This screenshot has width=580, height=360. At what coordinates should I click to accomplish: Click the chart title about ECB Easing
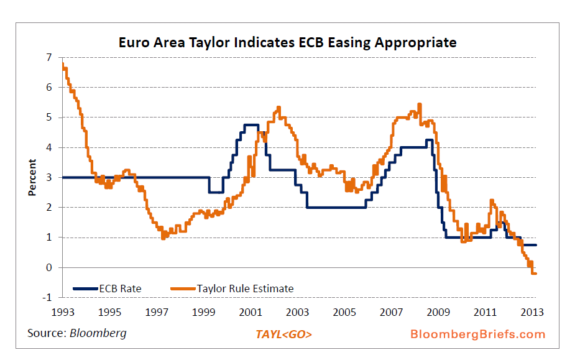pos(288,43)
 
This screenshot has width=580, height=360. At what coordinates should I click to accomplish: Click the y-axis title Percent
pos(32,178)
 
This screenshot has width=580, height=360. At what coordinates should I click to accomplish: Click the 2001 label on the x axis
pos(251,312)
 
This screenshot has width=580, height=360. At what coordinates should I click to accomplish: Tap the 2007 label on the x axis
pos(392,312)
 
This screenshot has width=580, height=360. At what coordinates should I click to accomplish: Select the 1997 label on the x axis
pos(156,312)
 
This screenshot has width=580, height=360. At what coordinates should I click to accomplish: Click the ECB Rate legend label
pos(120,288)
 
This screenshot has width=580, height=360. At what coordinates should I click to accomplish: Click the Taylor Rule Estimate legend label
pos(245,288)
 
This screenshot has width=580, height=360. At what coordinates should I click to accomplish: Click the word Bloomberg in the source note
pos(98,333)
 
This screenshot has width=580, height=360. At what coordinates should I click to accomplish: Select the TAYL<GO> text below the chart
pos(284,335)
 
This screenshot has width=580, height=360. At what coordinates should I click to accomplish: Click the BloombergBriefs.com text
pos(477,335)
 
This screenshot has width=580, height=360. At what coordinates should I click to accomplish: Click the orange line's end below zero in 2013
pos(535,274)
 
